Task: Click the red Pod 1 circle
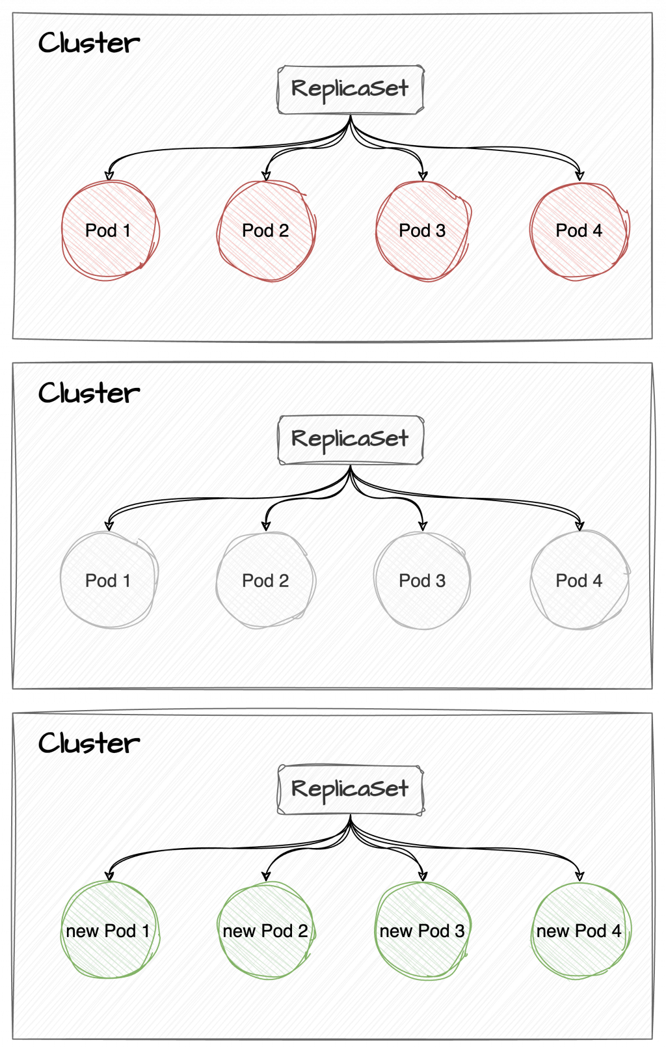pos(109,230)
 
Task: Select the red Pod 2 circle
pos(265,230)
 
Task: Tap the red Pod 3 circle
pos(422,230)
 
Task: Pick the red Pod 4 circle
pos(579,230)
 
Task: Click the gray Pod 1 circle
pos(109,581)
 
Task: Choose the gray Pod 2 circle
pos(265,581)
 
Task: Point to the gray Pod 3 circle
pos(422,581)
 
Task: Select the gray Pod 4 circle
pos(579,581)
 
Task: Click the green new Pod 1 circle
pos(109,931)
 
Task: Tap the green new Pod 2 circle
pos(265,931)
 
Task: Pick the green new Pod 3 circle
pos(422,931)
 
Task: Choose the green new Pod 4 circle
pos(579,931)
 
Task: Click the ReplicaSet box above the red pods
pos(350,89)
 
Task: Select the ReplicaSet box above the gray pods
pos(350,439)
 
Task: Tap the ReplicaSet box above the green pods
pos(350,789)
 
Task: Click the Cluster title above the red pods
pos(88,44)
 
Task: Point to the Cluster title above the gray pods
pos(88,394)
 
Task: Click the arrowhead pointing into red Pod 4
pos(579,175)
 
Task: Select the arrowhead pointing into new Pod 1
pos(109,875)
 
